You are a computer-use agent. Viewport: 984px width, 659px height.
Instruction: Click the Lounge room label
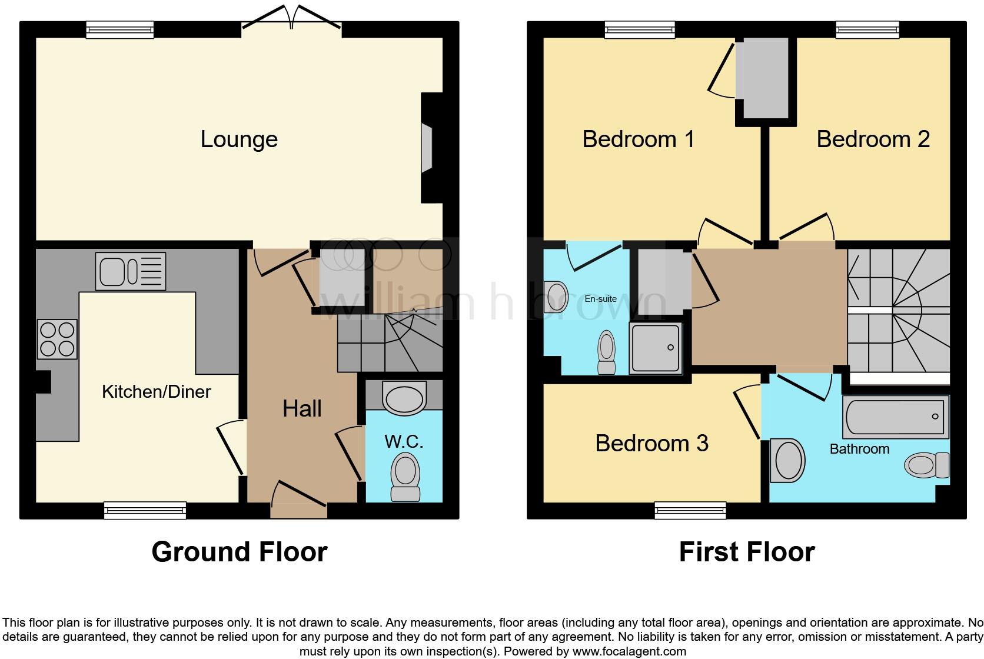click(239, 139)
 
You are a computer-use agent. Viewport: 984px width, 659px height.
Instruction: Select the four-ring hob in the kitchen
click(57, 340)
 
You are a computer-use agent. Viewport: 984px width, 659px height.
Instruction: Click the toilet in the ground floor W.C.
click(405, 477)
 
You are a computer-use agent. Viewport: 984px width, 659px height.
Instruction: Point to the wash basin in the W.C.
click(404, 398)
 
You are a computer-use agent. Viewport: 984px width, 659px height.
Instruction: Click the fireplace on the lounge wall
click(427, 148)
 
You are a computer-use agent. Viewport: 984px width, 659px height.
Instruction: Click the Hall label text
click(302, 409)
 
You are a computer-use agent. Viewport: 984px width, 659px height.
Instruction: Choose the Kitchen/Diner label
click(156, 392)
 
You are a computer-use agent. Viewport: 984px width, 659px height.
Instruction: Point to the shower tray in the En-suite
click(656, 348)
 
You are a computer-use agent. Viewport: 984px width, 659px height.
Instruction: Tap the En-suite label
click(600, 299)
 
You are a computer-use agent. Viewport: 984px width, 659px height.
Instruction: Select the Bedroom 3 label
click(651, 444)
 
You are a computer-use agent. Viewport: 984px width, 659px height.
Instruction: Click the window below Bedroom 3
click(690, 510)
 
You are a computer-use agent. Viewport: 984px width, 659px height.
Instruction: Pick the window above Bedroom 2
click(867, 29)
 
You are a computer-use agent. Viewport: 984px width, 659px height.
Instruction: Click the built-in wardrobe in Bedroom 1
click(766, 78)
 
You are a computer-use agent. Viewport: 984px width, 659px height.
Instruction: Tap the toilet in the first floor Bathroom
click(927, 465)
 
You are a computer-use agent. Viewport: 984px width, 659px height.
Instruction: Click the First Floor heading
click(746, 552)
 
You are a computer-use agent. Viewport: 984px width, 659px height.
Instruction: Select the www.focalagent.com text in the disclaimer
click(629, 651)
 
